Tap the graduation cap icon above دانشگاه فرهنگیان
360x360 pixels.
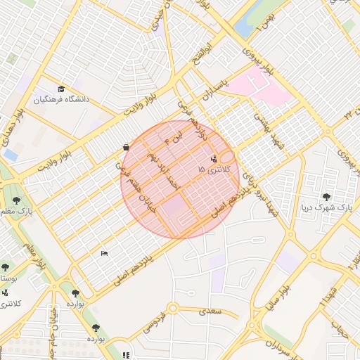61,89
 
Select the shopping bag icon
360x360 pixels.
125,148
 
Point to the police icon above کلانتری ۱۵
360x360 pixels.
214,159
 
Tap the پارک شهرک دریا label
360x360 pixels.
324,207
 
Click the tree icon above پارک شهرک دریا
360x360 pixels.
326,197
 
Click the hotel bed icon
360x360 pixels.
105,253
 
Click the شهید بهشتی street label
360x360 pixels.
269,127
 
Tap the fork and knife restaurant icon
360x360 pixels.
126,355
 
